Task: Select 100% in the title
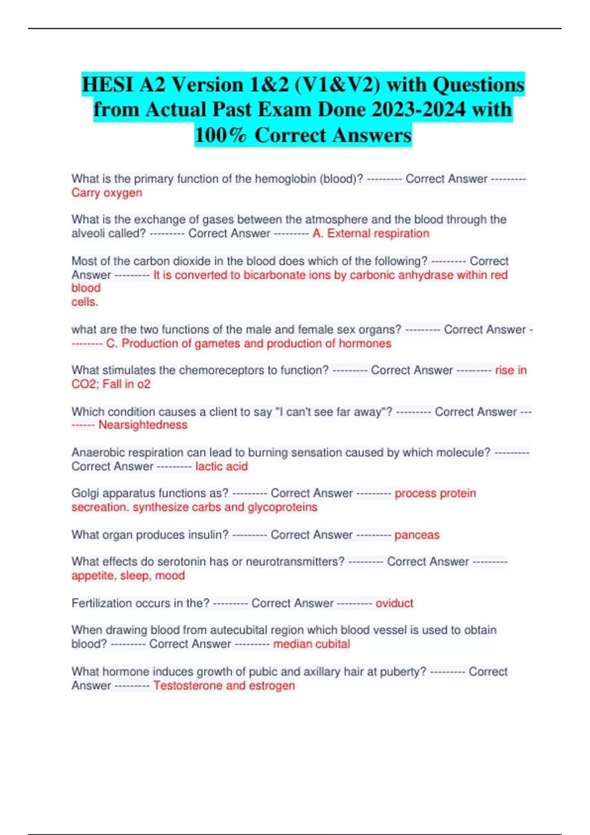pyautogui.click(x=220, y=135)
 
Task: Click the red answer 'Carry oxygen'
pyautogui.click(x=107, y=193)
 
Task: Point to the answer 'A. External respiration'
pyautogui.click(x=371, y=233)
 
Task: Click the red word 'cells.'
pyautogui.click(x=85, y=302)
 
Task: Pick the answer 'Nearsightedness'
pyautogui.click(x=143, y=425)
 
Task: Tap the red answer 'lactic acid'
pyautogui.click(x=221, y=466)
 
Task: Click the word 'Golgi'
pyautogui.click(x=87, y=493)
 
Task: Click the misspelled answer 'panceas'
pyautogui.click(x=417, y=535)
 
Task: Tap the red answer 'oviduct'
pyautogui.click(x=394, y=603)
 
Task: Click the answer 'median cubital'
pyautogui.click(x=311, y=644)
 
